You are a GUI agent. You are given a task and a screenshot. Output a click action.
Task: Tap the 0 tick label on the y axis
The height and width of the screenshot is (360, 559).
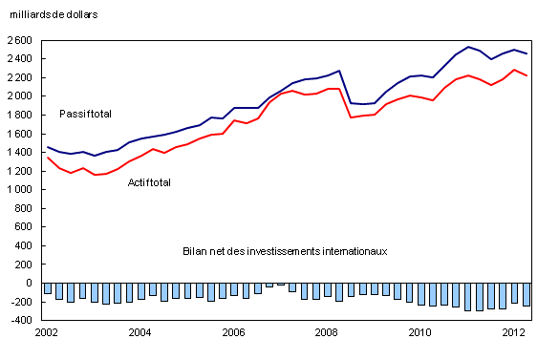point(32,283)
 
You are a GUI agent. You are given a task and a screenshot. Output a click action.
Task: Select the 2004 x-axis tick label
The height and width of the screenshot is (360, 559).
point(140,332)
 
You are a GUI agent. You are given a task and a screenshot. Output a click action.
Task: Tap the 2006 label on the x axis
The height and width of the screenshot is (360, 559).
point(233,332)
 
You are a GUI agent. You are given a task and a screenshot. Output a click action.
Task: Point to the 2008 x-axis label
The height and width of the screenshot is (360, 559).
point(327,332)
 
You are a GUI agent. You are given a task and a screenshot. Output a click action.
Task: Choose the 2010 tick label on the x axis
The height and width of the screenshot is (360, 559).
point(420,332)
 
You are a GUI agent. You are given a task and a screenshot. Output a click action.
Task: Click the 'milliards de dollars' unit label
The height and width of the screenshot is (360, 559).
point(54,15)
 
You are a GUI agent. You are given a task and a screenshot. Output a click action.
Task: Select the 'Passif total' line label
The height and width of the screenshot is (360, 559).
point(85,114)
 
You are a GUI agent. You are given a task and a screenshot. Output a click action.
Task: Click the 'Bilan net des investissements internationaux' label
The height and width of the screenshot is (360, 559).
point(284,251)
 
